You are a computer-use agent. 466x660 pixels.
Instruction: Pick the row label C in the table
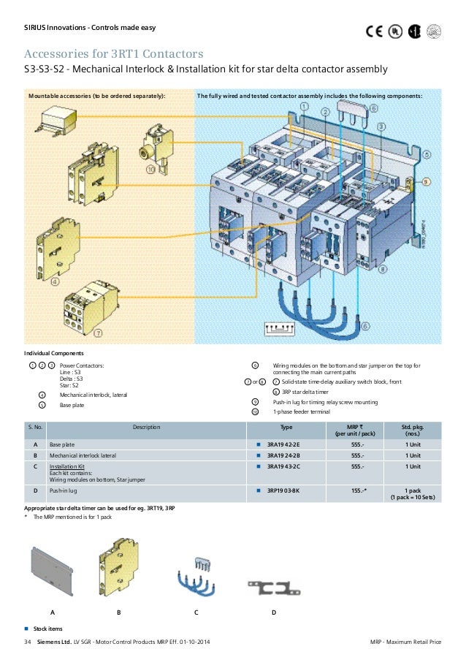click(x=36, y=466)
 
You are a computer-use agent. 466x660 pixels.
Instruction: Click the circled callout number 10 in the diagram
click(x=151, y=170)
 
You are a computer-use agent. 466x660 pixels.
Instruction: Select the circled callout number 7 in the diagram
click(x=98, y=333)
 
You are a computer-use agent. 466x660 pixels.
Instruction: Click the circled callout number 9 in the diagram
click(x=426, y=182)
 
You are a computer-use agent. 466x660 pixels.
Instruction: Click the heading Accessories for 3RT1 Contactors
click(x=113, y=55)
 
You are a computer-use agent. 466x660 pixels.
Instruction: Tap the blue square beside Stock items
click(x=26, y=628)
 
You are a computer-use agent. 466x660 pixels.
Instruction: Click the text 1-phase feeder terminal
click(x=301, y=411)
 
